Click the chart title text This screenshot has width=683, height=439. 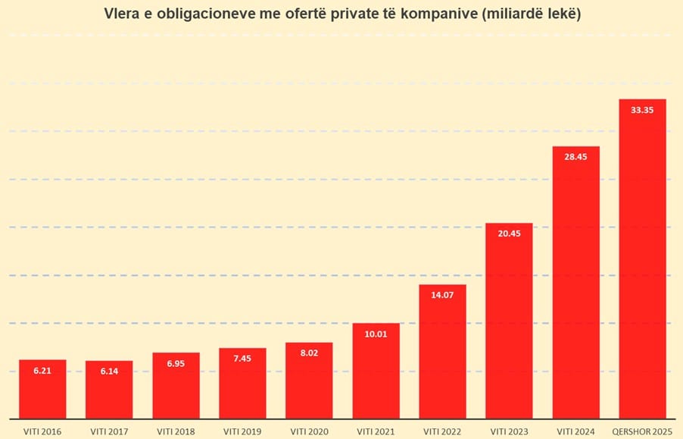[x=341, y=14]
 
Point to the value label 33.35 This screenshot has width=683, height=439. [x=642, y=110]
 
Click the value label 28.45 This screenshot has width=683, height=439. [x=575, y=157]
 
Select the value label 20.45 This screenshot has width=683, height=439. [x=509, y=234]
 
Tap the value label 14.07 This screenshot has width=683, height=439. [x=442, y=296]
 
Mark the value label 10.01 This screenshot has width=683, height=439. [x=376, y=334]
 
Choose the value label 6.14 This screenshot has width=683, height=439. [x=109, y=372]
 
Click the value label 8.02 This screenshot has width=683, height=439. [x=309, y=353]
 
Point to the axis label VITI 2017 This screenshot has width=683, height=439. [x=109, y=431]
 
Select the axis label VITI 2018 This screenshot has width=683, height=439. [x=176, y=431]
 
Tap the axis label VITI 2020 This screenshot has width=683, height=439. [x=309, y=431]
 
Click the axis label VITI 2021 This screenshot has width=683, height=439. [x=376, y=431]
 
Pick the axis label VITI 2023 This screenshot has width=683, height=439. [x=509, y=431]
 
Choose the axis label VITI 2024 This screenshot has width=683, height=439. [x=575, y=431]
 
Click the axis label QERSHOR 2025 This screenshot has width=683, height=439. [x=642, y=431]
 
